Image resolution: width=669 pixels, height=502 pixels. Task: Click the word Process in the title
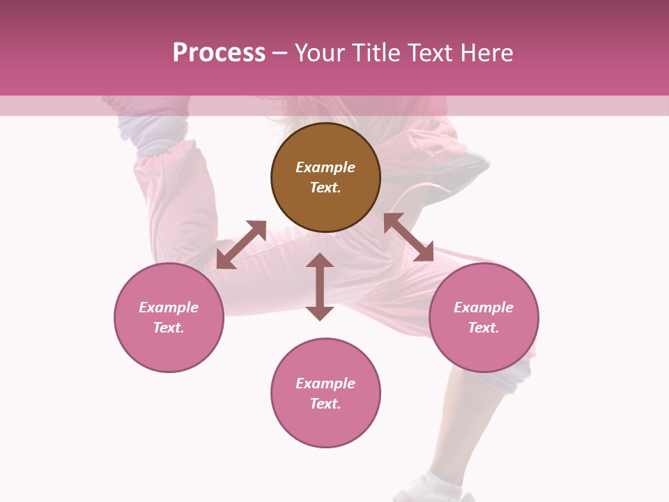(219, 53)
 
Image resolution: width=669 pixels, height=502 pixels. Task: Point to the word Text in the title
(431, 53)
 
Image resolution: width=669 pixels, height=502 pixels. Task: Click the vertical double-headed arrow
(320, 287)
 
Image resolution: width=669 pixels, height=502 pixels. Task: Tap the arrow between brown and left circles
(241, 245)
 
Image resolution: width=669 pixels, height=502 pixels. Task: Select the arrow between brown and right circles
(408, 237)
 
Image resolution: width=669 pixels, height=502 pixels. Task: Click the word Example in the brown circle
(325, 167)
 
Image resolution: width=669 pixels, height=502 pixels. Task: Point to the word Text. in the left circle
(169, 328)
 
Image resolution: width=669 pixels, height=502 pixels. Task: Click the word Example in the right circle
(484, 307)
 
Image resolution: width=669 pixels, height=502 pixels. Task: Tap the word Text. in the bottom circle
(325, 404)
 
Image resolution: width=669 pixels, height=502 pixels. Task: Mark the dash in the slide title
(280, 53)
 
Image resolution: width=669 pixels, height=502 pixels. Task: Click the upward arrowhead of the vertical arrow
(320, 260)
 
